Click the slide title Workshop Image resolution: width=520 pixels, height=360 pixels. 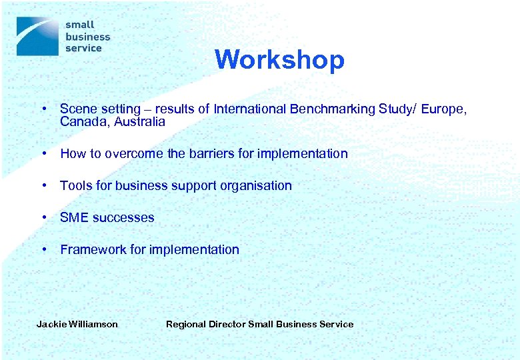coord(279,60)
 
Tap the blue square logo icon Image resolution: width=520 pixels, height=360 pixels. coord(37,36)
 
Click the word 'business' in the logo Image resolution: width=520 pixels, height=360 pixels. coord(87,37)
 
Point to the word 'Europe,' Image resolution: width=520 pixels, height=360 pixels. coord(442,109)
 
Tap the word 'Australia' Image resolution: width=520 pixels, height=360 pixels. coord(139,122)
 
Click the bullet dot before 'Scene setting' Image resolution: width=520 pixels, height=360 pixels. coord(43,109)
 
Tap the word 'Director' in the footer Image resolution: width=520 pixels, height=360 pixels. coord(227,325)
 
